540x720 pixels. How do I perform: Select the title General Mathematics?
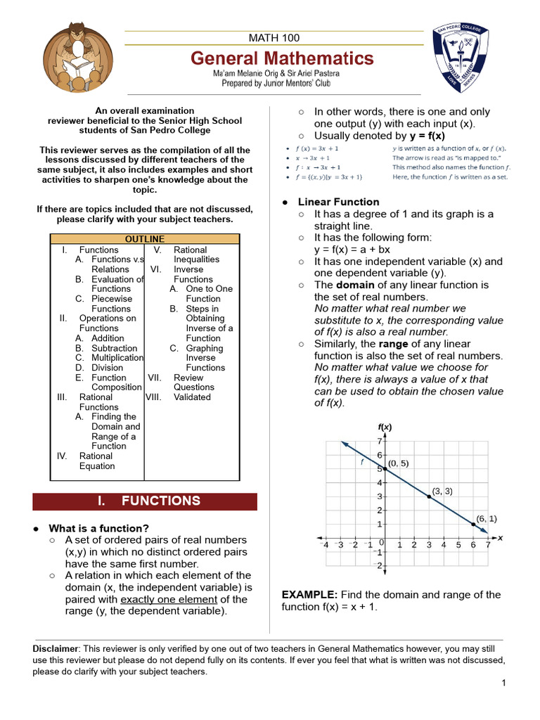click(x=282, y=58)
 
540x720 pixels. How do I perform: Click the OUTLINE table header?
click(x=145, y=239)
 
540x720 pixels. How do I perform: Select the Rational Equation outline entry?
click(x=96, y=461)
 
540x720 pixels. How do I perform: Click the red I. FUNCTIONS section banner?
click(x=146, y=501)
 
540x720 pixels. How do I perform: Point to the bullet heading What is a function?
click(x=98, y=528)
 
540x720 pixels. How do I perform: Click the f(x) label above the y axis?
click(x=385, y=427)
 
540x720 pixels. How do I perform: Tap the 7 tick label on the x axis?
click(x=487, y=544)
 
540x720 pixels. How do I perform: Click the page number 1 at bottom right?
click(x=504, y=683)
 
